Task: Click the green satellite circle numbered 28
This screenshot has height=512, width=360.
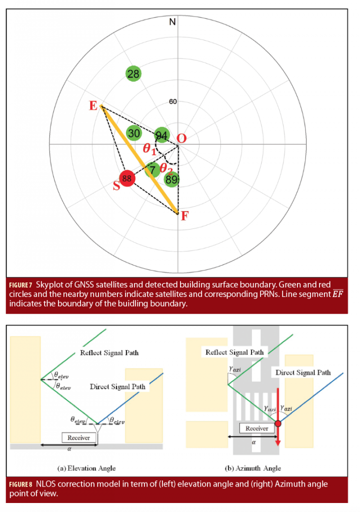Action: click(133, 74)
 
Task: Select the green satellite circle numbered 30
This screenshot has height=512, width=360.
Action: click(134, 133)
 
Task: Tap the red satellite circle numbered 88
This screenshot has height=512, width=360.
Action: click(127, 178)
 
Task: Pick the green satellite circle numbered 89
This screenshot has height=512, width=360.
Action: click(171, 180)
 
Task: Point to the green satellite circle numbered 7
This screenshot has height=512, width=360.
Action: click(153, 170)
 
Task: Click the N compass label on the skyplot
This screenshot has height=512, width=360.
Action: click(172, 22)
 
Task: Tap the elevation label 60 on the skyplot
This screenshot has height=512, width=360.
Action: click(173, 102)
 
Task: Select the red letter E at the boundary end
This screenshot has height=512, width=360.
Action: click(93, 106)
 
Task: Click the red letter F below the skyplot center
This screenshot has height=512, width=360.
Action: click(184, 216)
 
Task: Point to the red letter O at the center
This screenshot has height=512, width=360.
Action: click(181, 139)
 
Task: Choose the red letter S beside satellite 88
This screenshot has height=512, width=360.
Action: click(116, 186)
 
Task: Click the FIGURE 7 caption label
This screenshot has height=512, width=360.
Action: click(21, 285)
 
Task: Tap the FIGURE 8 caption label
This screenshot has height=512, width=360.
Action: click(21, 484)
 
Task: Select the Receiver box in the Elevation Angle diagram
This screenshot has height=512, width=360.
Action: click(79, 437)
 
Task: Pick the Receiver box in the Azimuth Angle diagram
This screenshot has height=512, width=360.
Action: click(256, 428)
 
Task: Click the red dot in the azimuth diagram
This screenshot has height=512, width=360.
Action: click(278, 423)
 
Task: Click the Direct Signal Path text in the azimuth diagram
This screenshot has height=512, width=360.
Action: click(303, 372)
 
